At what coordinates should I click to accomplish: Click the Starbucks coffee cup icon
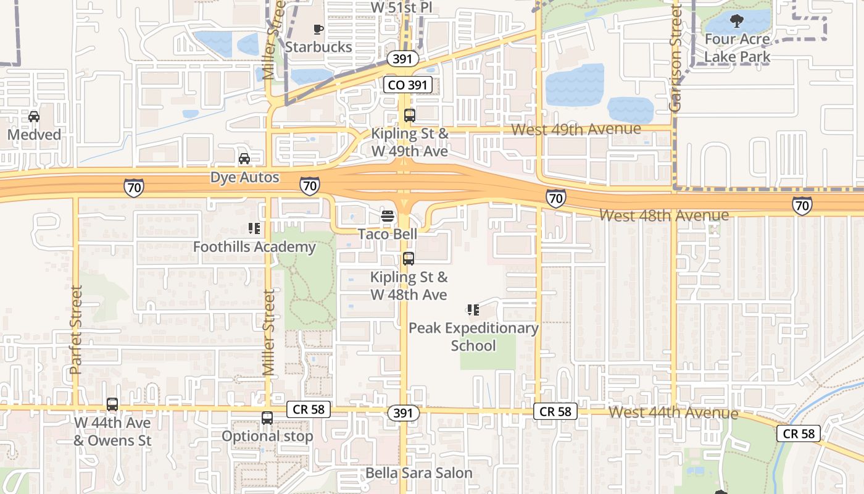[318, 29]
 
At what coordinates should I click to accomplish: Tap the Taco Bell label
[388, 234]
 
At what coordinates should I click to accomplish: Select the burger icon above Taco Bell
[388, 217]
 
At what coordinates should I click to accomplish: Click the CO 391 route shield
[407, 85]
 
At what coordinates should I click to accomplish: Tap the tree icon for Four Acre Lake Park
[736, 22]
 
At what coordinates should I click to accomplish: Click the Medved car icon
[34, 116]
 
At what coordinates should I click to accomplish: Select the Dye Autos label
[245, 178]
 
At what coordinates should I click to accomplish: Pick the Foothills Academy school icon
[254, 229]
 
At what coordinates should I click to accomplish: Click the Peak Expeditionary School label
[473, 337]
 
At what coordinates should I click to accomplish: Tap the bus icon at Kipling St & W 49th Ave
[409, 115]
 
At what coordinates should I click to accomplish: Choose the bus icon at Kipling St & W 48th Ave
[408, 259]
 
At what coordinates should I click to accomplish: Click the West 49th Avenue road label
[576, 129]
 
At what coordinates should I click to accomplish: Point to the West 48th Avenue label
[664, 216]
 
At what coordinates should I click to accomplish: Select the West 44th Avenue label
[673, 412]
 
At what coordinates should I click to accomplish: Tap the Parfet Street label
[76, 329]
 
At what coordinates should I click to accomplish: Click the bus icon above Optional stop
[267, 418]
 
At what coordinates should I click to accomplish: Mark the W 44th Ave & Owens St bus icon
[112, 404]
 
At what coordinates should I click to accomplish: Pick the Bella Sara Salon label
[419, 474]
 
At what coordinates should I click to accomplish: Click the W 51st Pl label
[402, 7]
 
